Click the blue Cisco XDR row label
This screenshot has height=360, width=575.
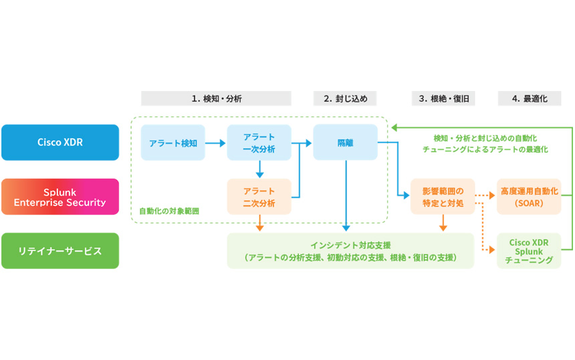pyautogui.click(x=60, y=143)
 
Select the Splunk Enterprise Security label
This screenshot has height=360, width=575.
pyautogui.click(x=60, y=197)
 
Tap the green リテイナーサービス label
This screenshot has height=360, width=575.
pyautogui.click(x=60, y=251)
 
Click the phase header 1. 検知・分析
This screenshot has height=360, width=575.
pyautogui.click(x=216, y=98)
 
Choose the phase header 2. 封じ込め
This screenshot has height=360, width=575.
pyautogui.click(x=345, y=98)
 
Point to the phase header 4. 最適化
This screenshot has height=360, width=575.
pyautogui.click(x=529, y=98)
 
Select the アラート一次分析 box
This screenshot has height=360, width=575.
pyautogui.click(x=259, y=143)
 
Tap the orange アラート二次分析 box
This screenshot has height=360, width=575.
pyautogui.click(x=259, y=197)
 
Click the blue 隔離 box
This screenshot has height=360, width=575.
pyautogui.click(x=345, y=143)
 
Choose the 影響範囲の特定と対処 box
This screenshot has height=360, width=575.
pyautogui.click(x=443, y=197)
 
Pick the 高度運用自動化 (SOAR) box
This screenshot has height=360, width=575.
pyautogui.click(x=529, y=197)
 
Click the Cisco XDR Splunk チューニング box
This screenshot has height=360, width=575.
pyautogui.click(x=529, y=251)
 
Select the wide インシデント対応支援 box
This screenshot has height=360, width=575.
pyautogui.click(x=350, y=251)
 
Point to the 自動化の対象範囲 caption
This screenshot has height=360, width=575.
pyautogui.click(x=169, y=211)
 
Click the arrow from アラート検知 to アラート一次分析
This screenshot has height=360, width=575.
pyautogui.click(x=215, y=143)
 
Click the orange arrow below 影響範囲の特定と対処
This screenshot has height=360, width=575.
pyautogui.click(x=443, y=223)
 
